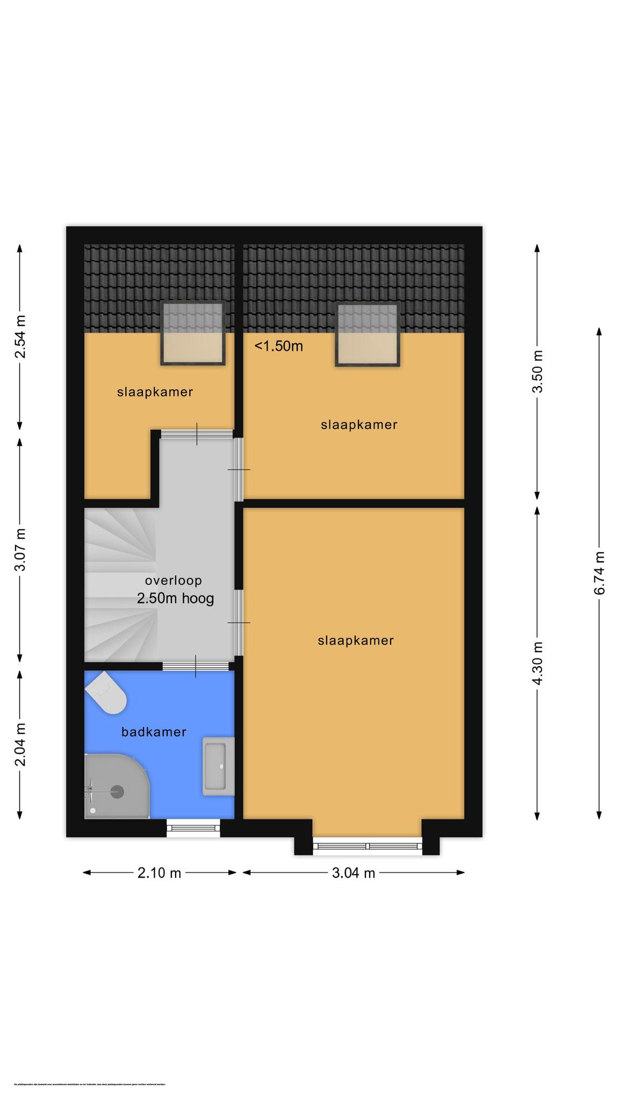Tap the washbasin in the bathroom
[218, 766]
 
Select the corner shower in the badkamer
[114, 787]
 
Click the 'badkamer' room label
[154, 732]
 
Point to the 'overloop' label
[173, 580]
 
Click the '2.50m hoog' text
[175, 598]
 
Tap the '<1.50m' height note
[278, 346]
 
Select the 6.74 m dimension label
[600, 573]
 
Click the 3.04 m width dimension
[353, 873]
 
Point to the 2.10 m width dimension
[159, 873]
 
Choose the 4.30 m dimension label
[537, 663]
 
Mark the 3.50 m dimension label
[537, 371]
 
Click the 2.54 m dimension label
[20, 337]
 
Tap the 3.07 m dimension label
[20, 550]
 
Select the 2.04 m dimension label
[20, 744]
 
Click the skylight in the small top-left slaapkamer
[193, 334]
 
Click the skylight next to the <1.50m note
[368, 335]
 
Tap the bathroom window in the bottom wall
[193, 828]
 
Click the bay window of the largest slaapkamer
[368, 846]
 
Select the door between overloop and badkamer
[196, 666]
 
